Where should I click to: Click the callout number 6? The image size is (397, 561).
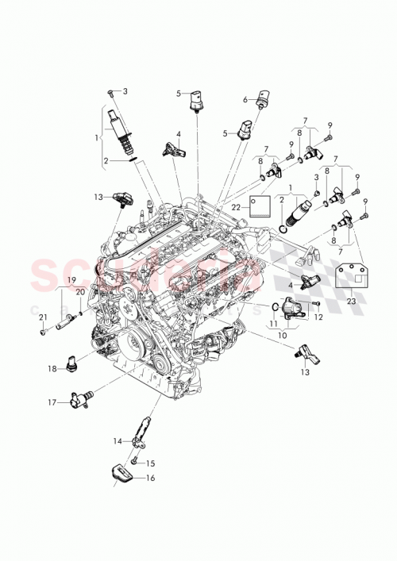(245, 100)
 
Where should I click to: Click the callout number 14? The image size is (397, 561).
(117, 440)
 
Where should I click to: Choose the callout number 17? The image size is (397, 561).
(52, 402)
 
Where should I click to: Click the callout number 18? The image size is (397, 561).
(52, 369)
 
